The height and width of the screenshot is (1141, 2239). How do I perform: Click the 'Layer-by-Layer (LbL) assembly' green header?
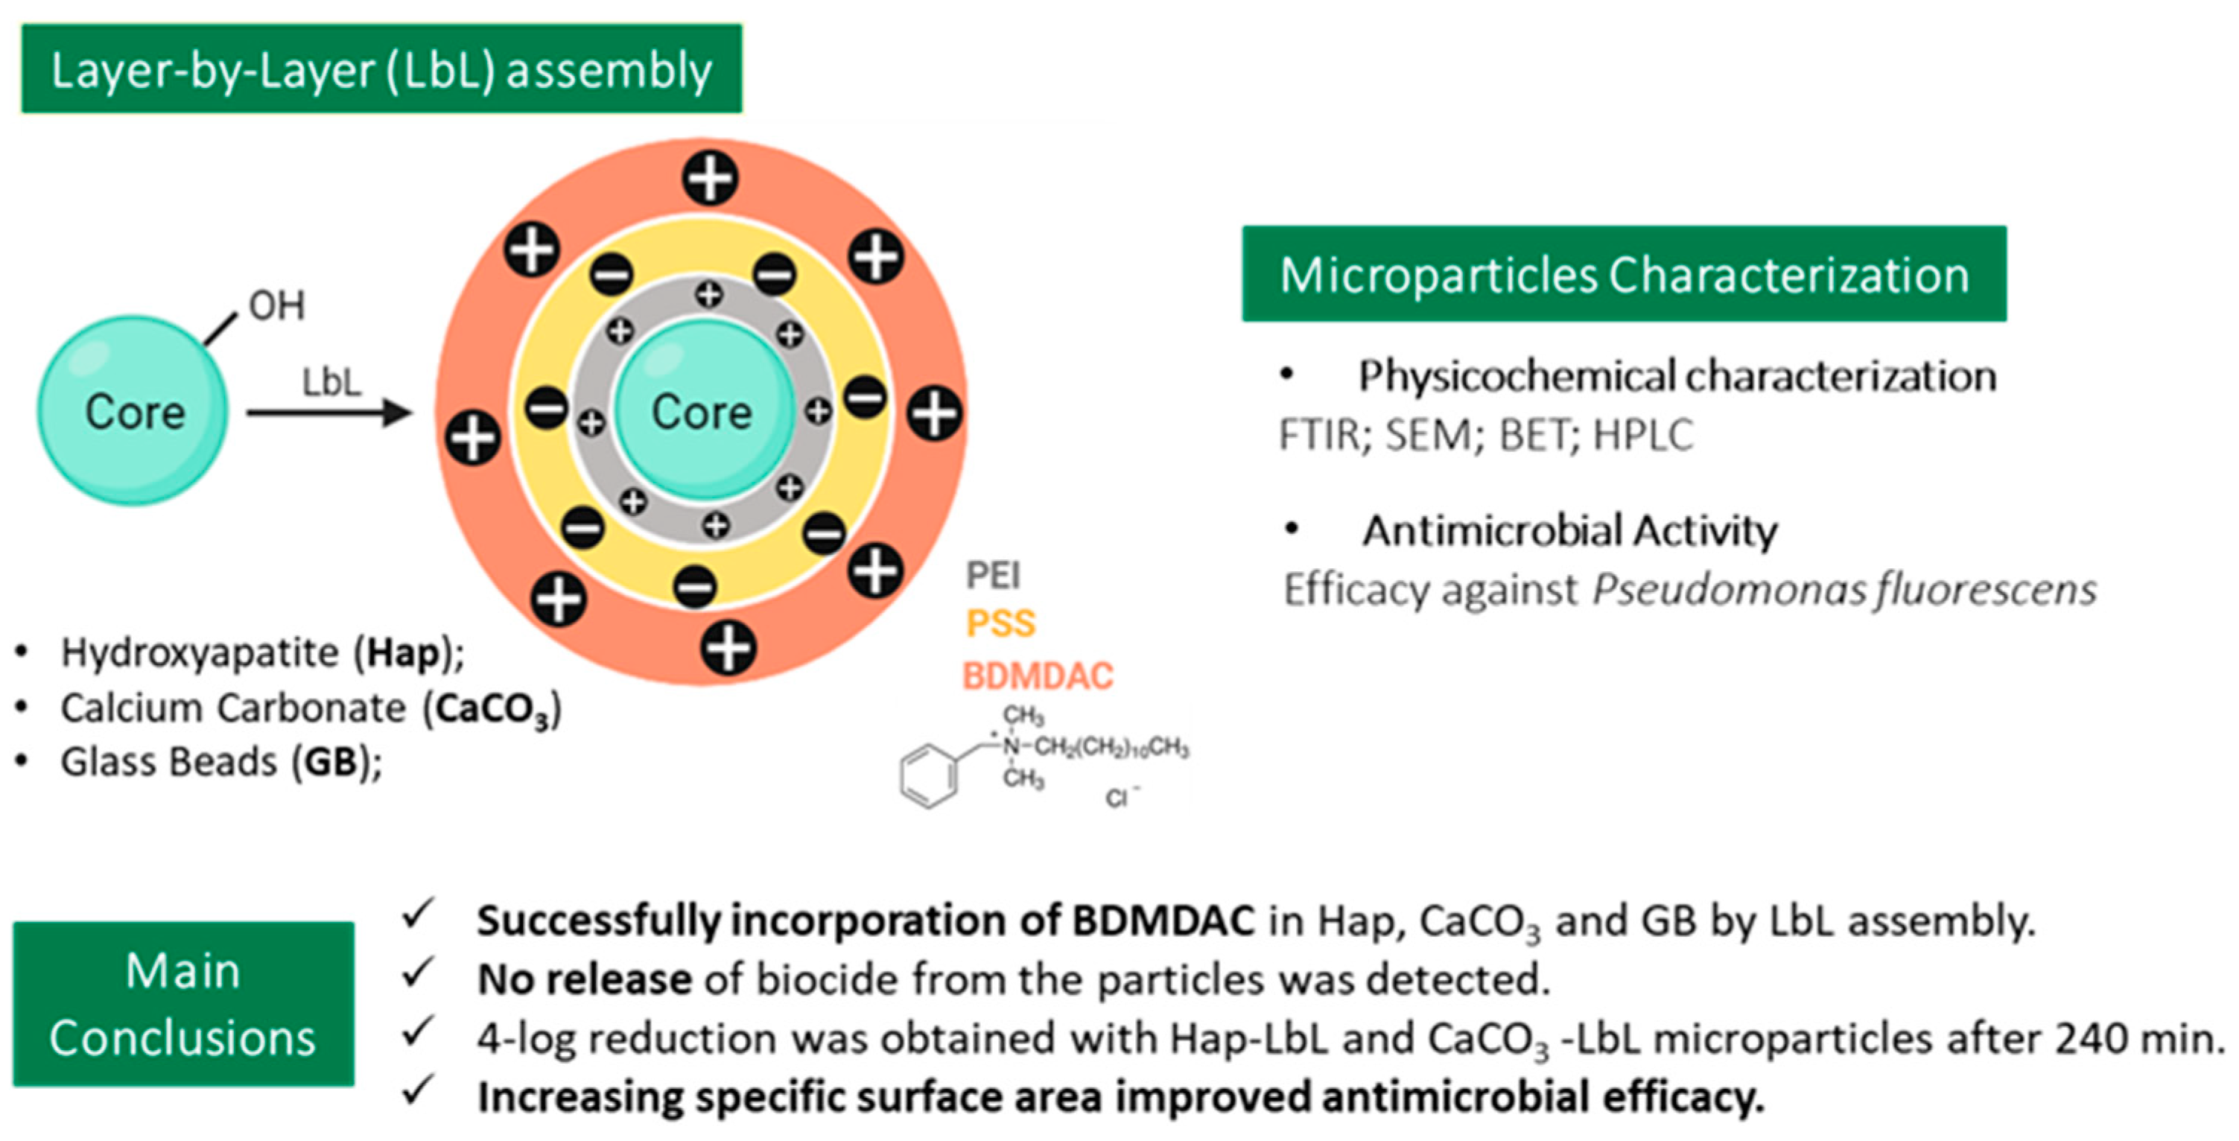pos(381,69)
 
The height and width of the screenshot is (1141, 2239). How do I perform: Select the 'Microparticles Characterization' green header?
pos(1624,275)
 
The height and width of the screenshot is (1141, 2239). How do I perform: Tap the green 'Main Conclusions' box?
pos(183,1004)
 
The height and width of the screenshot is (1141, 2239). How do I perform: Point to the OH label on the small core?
pos(276,306)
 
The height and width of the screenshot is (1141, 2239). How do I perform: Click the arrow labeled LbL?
pos(329,412)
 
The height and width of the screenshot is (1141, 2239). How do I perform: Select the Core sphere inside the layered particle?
pos(702,410)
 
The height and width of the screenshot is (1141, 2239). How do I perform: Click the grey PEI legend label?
pos(993,575)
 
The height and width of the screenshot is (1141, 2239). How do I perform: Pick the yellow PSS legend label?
pos(1000,623)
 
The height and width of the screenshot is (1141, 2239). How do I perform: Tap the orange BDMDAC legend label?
pos(1038,676)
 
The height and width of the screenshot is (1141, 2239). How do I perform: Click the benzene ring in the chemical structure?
pos(928,775)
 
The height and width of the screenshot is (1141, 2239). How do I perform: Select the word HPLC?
pos(1642,434)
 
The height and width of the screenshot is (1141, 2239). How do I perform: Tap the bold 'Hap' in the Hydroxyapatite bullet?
pos(402,653)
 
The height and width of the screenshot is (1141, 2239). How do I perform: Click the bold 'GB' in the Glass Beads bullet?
pos(331,762)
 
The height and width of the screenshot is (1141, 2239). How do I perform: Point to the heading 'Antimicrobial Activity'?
pos(1569,530)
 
